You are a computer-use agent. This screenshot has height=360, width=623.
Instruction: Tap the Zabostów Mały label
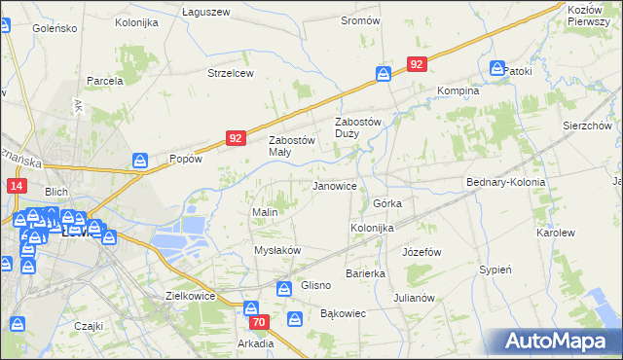point(293,145)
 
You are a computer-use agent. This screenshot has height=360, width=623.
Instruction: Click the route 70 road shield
point(258,322)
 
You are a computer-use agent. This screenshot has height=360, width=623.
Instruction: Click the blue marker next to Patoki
point(497,69)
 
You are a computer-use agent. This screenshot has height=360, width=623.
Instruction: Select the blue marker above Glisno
point(283,288)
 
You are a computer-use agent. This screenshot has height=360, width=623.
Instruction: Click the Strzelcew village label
point(231,73)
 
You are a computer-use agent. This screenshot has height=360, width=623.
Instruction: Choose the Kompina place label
point(458,90)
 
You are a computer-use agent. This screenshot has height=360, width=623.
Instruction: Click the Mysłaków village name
point(277,250)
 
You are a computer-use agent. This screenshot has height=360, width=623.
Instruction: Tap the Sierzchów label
point(586,126)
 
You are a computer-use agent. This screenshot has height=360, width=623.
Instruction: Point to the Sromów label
point(360,20)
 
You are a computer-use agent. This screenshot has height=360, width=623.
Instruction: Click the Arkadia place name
point(255,343)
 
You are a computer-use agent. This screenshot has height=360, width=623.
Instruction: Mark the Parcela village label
point(104,81)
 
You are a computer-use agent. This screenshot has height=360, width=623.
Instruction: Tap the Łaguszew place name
point(206,11)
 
